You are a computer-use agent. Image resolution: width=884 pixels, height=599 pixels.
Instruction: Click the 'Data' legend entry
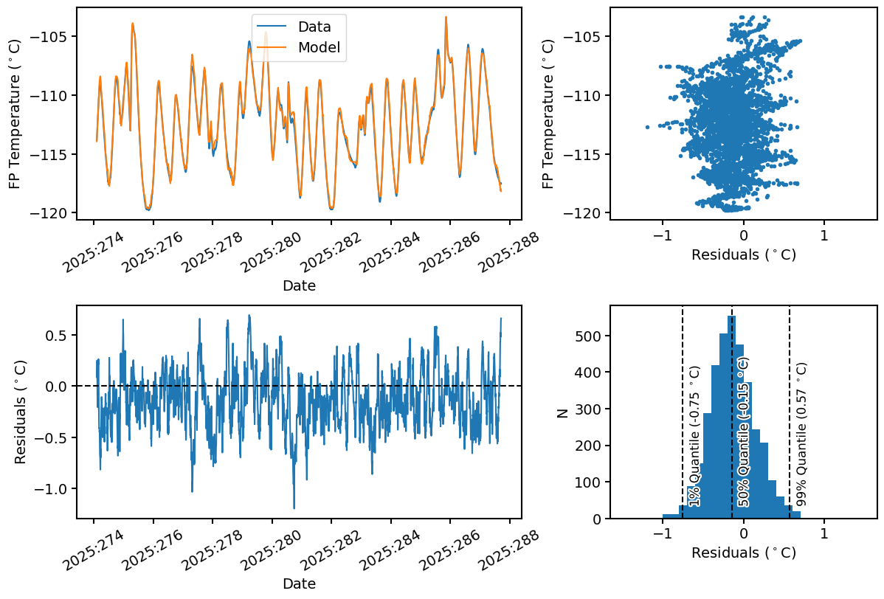point(314,27)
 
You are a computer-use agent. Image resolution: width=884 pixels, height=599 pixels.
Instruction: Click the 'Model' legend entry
point(319,48)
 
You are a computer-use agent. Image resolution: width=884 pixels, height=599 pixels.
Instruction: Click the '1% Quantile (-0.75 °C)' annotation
point(694,443)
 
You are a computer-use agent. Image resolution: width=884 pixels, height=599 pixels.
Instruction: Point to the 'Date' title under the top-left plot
point(299,286)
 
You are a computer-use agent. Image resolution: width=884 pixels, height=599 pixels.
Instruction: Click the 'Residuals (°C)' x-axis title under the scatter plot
point(743,255)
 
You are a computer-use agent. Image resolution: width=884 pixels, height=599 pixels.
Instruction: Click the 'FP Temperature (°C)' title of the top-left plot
point(15,114)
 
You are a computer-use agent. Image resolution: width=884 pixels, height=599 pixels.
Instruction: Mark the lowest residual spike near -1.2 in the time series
point(294,508)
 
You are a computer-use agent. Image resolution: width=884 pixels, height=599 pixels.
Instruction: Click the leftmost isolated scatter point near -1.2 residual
point(647,127)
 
